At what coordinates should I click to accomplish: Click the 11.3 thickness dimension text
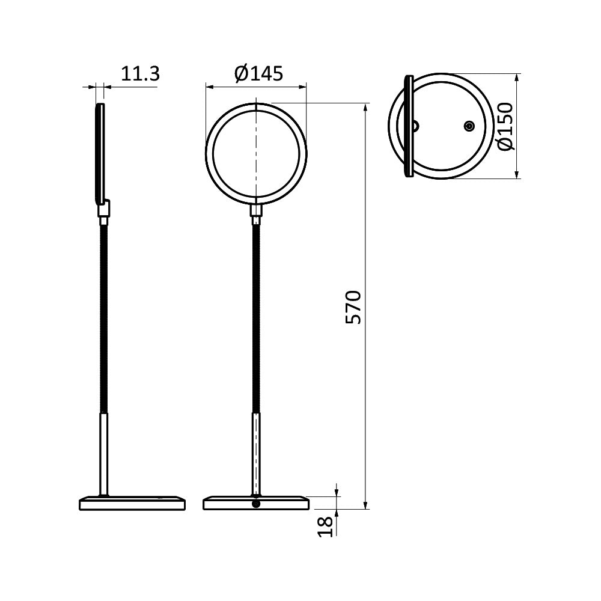point(141,74)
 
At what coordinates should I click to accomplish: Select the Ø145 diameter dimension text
point(258,74)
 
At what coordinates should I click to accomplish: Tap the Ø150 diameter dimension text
point(505,126)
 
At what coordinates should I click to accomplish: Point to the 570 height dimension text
point(354,307)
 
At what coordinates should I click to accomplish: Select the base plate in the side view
point(132,503)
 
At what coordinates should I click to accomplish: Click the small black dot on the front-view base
point(257,504)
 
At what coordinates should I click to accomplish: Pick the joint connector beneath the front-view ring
point(257,211)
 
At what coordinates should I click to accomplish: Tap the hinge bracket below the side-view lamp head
point(105,209)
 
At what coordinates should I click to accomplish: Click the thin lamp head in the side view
point(100,153)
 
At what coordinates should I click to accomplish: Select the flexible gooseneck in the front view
point(257,319)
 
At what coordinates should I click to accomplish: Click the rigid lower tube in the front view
point(257,454)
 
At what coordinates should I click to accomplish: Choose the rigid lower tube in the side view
point(104,454)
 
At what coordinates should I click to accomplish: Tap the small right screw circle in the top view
point(469,126)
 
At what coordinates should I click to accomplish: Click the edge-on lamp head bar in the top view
point(409,126)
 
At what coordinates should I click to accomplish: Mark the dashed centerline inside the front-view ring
point(257,150)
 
